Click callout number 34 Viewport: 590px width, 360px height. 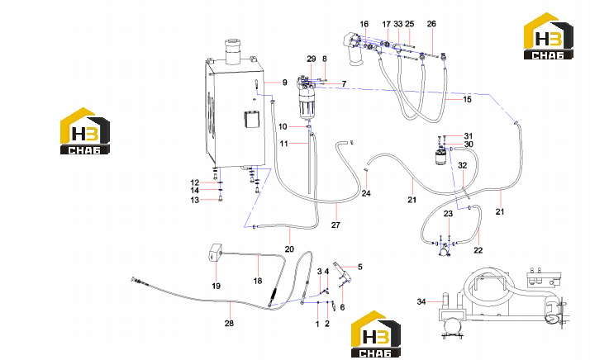pos(421,301)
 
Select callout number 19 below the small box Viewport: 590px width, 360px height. pos(216,286)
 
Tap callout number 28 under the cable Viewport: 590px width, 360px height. pos(229,323)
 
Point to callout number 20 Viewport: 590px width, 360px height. pos(289,249)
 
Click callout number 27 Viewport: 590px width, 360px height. pos(335,225)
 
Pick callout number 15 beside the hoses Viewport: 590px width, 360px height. pos(467,99)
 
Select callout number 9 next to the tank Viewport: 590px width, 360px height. pos(285,83)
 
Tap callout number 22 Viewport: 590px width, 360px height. pos(478,250)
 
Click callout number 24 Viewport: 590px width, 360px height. pos(366,193)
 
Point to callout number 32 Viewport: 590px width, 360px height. pos(463,165)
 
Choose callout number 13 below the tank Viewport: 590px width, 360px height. pos(194,200)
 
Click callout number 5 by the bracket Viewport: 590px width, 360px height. pos(360,267)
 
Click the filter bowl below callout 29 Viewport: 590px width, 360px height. pos(308,106)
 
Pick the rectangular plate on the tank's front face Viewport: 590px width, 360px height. pos(252,120)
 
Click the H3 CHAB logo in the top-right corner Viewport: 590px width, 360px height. pos(549,36)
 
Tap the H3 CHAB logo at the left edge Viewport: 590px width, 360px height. pos(85,131)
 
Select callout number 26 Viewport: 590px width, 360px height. pos(431,24)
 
